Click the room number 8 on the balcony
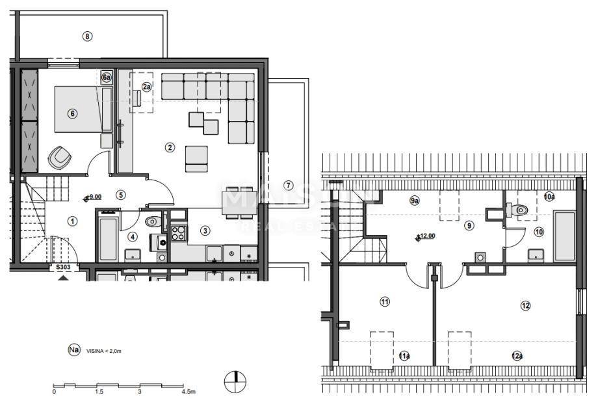pyautogui.click(x=88, y=36)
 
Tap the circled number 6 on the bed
pyautogui.click(x=73, y=113)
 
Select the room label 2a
pyautogui.click(x=147, y=87)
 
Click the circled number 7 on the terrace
pyautogui.click(x=289, y=184)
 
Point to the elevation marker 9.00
pyautogui.click(x=93, y=197)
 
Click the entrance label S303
pyautogui.click(x=62, y=267)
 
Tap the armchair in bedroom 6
pyautogui.click(x=60, y=156)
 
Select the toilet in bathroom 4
pyautogui.click(x=151, y=223)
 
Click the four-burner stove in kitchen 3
pyautogui.click(x=178, y=233)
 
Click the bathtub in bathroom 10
pyautogui.click(x=564, y=235)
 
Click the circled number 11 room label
pyautogui.click(x=385, y=301)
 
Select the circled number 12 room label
pyautogui.click(x=525, y=305)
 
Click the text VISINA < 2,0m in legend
pyautogui.click(x=104, y=351)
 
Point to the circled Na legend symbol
pyautogui.click(x=74, y=350)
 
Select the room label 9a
pyautogui.click(x=414, y=201)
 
